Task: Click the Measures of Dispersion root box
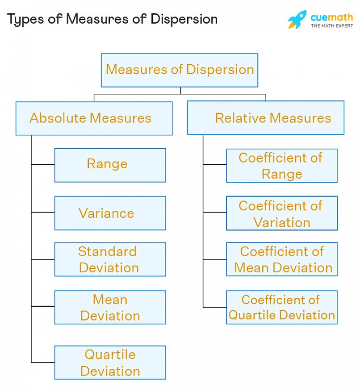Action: tap(180, 70)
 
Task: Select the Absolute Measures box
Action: tap(94, 118)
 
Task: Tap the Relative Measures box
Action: tap(266, 118)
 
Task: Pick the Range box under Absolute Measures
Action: tap(110, 165)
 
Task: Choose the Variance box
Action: tap(110, 213)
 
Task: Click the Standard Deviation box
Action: tap(110, 259)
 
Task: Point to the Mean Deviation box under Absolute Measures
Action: tap(110, 307)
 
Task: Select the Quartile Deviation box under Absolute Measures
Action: tap(110, 362)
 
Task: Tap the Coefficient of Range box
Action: tap(281, 166)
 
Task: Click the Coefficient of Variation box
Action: tap(281, 213)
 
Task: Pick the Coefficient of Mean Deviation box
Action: tap(281, 259)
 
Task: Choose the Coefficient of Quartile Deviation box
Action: tap(281, 307)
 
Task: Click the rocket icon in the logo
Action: tap(297, 20)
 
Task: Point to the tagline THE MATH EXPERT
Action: tap(331, 26)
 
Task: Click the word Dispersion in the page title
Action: tap(184, 19)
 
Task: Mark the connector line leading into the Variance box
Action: tap(43, 213)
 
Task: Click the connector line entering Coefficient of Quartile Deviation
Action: tap(214, 307)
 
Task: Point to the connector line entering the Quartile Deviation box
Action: tap(43, 362)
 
